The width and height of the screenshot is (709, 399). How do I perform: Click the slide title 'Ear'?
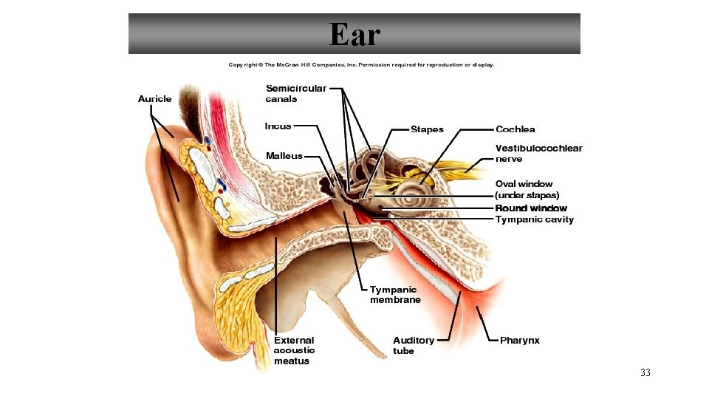(x=354, y=34)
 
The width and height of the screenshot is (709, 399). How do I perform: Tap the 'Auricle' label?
(x=154, y=98)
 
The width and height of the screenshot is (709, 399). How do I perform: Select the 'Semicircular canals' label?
(x=295, y=93)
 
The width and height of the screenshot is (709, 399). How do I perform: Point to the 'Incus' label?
(x=278, y=126)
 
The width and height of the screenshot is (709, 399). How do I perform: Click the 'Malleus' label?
(x=284, y=156)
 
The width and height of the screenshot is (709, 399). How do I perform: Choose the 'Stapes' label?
(x=427, y=129)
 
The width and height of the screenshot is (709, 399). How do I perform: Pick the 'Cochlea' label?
(x=516, y=129)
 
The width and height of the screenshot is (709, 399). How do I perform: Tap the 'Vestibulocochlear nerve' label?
(x=538, y=153)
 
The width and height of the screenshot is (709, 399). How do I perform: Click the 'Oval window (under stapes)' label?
(x=524, y=189)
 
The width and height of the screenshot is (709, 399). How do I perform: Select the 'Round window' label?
(x=531, y=208)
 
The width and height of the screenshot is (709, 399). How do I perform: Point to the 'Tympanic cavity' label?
(x=534, y=219)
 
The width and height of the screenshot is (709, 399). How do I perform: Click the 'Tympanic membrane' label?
(x=395, y=295)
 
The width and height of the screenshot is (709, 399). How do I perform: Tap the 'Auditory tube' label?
(x=414, y=345)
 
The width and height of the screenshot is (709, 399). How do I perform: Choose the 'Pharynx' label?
(x=519, y=340)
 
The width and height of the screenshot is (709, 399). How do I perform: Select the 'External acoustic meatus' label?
(x=294, y=350)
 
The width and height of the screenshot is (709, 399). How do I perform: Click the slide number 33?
(x=645, y=373)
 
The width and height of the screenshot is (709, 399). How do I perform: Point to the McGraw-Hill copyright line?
(x=361, y=65)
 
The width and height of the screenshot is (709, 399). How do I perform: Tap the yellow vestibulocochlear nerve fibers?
(x=458, y=171)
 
